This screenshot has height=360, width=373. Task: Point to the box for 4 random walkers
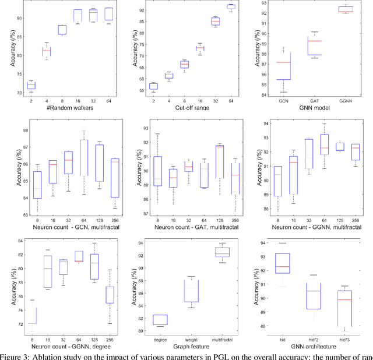point(46,52)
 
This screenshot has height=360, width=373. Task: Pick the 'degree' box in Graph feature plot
point(160,320)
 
